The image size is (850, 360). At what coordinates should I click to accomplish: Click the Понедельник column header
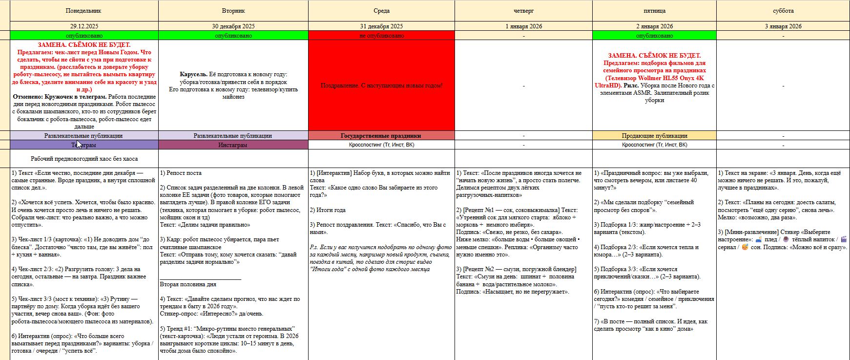coord(84,11)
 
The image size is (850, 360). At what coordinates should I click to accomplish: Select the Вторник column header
coord(233,11)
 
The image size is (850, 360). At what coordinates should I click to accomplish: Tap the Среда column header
coord(381,11)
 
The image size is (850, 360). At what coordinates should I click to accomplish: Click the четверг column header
coord(523,11)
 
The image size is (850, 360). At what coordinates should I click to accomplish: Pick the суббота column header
coord(783,11)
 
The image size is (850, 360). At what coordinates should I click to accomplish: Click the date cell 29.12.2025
coord(84,26)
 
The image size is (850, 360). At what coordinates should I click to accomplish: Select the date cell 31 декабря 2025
coord(381,26)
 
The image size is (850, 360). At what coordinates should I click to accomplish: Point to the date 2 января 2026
coord(654,26)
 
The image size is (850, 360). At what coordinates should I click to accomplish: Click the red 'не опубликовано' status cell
coord(381,36)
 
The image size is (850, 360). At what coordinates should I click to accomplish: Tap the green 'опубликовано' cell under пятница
coord(654,36)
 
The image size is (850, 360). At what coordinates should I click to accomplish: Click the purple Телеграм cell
coord(84,145)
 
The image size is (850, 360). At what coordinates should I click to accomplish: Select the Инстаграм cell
coord(233,145)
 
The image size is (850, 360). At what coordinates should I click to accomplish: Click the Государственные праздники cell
coord(381,136)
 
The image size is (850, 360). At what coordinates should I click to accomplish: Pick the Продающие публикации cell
coord(654,136)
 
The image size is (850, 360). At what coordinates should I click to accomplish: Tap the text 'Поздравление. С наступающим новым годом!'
coord(381,85)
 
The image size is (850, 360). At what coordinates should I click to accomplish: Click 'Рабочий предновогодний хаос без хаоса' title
coord(84,159)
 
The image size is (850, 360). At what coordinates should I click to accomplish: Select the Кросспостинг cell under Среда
coord(381,145)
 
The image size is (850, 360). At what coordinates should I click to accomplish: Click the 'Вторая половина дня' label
coord(188,284)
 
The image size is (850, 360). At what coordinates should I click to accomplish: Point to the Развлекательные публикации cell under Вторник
coord(233,136)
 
